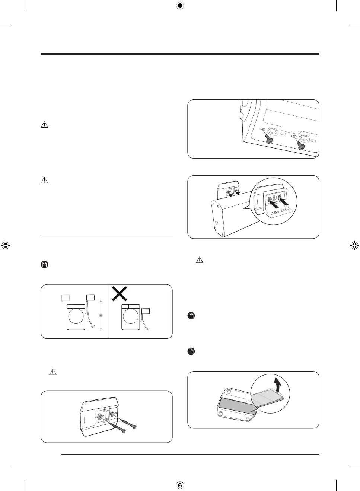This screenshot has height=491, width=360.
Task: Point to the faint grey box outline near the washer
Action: tap(66, 297)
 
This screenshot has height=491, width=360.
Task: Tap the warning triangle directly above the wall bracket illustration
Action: tap(53, 372)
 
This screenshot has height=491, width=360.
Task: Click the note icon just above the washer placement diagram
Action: tap(44, 265)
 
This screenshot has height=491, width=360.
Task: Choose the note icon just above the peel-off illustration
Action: tap(191, 351)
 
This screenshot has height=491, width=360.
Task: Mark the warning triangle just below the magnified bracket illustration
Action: tap(200, 260)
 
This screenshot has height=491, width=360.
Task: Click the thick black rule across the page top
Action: tap(180, 54)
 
